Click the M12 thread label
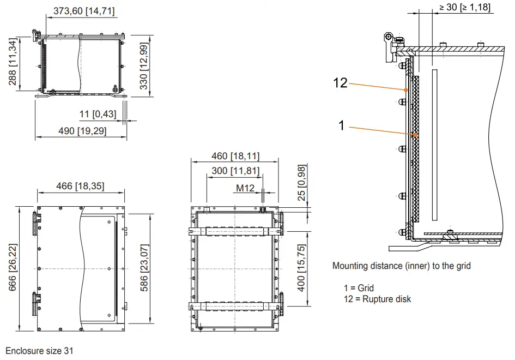tap(245, 188)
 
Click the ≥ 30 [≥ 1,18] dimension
tap(465, 7)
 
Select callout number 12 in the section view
tap(340, 82)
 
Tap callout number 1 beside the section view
tap(342, 125)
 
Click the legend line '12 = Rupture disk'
tap(377, 299)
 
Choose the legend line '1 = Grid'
tap(359, 288)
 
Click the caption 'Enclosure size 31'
tap(39, 351)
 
